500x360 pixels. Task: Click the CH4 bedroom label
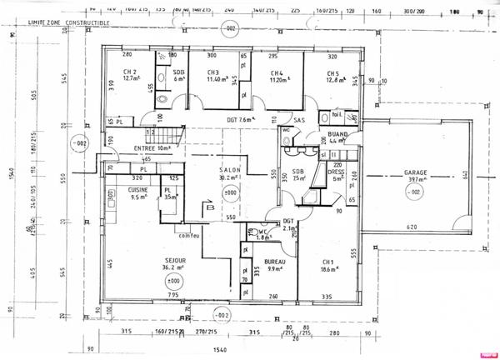coord(277,72)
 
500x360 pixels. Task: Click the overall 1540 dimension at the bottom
coord(220,351)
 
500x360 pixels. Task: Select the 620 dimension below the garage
coord(412,227)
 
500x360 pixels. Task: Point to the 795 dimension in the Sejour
coord(172,296)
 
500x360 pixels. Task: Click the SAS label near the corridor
coord(300,120)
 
